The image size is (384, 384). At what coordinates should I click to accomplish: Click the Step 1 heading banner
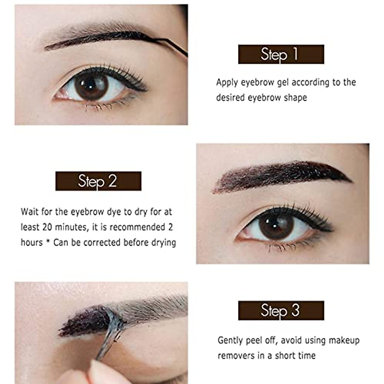point(281,54)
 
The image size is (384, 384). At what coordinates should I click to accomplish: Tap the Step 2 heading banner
point(98,181)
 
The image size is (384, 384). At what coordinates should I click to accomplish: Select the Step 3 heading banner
point(281,310)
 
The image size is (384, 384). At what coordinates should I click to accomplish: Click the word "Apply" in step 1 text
point(227,83)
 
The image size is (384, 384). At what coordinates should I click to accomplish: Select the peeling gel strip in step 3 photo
point(110,333)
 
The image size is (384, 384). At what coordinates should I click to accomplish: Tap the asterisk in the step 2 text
point(48,242)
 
